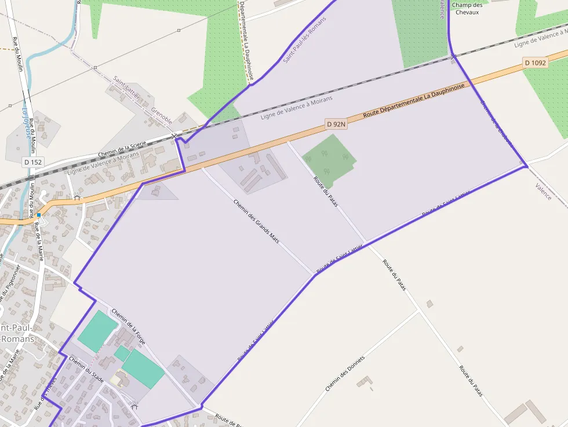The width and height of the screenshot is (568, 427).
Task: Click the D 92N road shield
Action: [x=336, y=123]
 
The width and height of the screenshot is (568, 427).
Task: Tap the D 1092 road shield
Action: [x=535, y=63]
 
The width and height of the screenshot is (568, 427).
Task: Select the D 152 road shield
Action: [x=33, y=162]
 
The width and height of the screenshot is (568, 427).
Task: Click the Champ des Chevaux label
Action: [x=467, y=9]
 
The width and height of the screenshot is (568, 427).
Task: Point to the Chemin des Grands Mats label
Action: [x=256, y=221]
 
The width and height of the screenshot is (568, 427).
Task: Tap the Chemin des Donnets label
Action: [x=345, y=373]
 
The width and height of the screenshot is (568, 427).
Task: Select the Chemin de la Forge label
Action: [x=128, y=326]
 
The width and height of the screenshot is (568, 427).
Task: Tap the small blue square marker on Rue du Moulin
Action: [x=39, y=214]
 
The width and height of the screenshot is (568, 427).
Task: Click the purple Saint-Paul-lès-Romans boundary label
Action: [x=305, y=39]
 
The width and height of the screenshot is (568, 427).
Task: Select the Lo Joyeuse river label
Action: [x=26, y=122]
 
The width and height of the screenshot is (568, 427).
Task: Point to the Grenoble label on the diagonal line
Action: [x=162, y=115]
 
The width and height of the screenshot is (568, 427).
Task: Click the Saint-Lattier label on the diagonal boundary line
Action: [x=126, y=87]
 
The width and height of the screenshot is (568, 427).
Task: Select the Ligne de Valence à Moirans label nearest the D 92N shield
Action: [x=297, y=108]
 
